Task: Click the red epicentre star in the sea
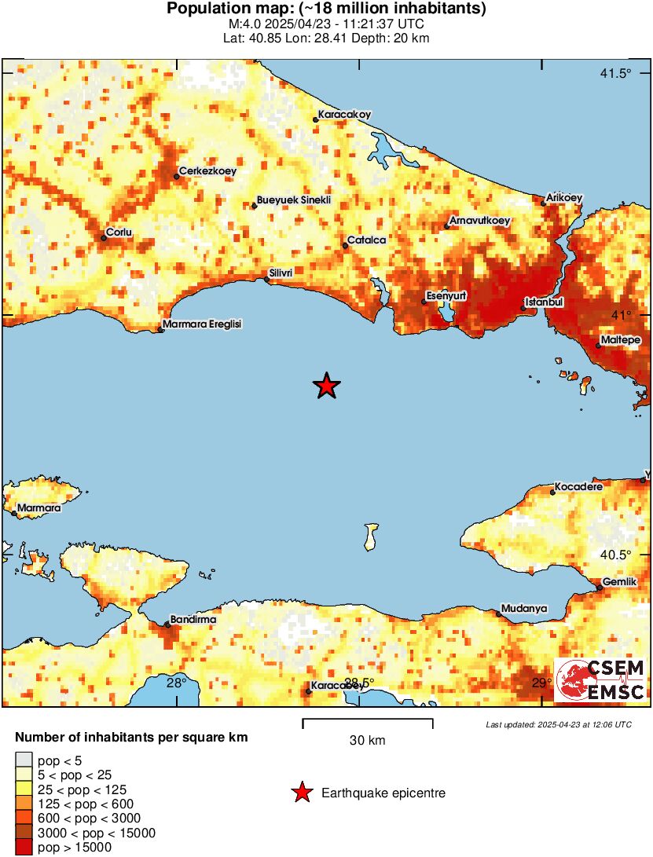tap(327, 386)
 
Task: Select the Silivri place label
tap(281, 273)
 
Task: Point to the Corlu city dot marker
tap(104, 238)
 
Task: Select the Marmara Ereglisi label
tap(202, 324)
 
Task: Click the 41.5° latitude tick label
tap(615, 74)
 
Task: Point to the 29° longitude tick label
tap(541, 683)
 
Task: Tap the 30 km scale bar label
tap(367, 741)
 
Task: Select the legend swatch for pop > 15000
tap(24, 847)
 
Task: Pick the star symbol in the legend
tap(302, 793)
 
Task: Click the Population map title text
tap(326, 9)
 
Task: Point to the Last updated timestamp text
tap(558, 724)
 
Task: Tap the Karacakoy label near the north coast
tap(344, 114)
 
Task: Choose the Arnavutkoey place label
tap(479, 221)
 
